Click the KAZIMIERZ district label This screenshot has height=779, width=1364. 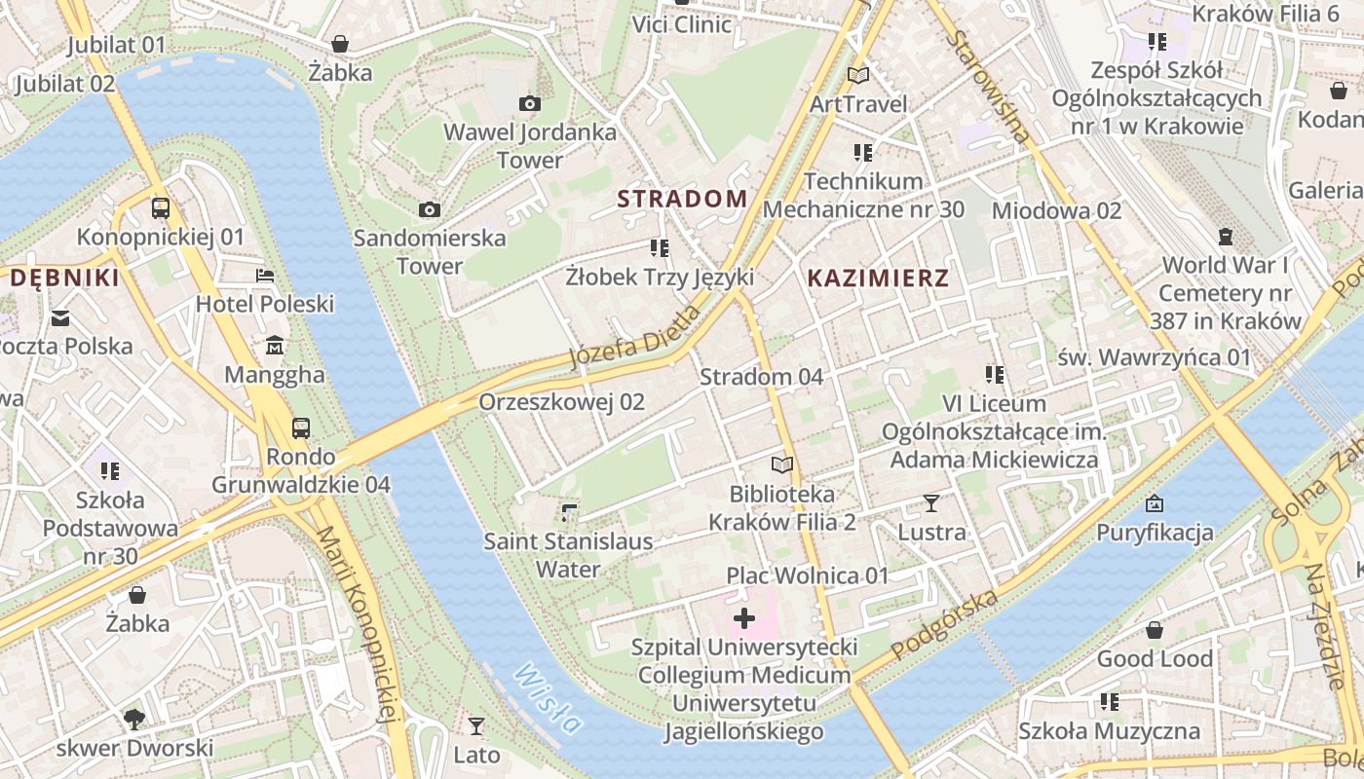pos(878,278)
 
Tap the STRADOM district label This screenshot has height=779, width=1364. pos(682,200)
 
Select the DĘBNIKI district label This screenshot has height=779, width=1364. pos(64,278)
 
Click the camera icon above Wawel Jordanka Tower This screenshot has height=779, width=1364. pos(530,103)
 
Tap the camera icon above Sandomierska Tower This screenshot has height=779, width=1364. pos(429,209)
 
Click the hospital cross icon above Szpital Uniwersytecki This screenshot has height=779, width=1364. pos(744,618)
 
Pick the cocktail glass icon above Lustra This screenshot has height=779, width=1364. pos(931,503)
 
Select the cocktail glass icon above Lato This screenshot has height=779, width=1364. pos(475,725)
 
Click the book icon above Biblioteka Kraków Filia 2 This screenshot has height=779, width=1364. pos(781,464)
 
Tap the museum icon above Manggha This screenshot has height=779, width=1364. pos(275,346)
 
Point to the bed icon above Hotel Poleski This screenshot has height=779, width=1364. pos(264,276)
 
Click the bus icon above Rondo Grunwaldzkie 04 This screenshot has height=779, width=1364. pos(301,427)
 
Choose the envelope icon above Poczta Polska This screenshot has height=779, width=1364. pos(60,317)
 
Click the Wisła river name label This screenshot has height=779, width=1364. pos(549,699)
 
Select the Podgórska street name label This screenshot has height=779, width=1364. pos(945,623)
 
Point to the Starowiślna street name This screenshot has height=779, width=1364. pos(988,87)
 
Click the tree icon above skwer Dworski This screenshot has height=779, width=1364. pos(133,720)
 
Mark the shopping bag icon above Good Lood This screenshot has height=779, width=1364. pos(1155,630)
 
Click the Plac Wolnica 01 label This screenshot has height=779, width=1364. pos(808,575)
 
